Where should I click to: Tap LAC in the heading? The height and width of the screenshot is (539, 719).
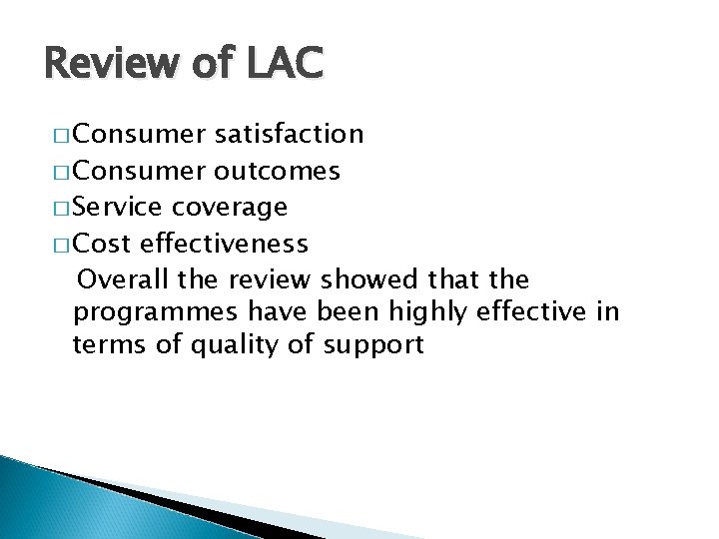point(283,63)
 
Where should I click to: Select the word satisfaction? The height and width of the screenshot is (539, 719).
point(288,134)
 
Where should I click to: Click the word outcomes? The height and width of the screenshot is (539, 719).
point(277,171)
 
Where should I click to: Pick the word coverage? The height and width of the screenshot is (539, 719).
point(230,208)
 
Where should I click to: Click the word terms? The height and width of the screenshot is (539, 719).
point(106,346)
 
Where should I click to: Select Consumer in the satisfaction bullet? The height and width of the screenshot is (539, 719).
point(141,134)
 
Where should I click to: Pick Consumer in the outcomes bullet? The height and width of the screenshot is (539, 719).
point(141,171)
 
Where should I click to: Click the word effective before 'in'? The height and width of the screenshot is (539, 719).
point(540,312)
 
